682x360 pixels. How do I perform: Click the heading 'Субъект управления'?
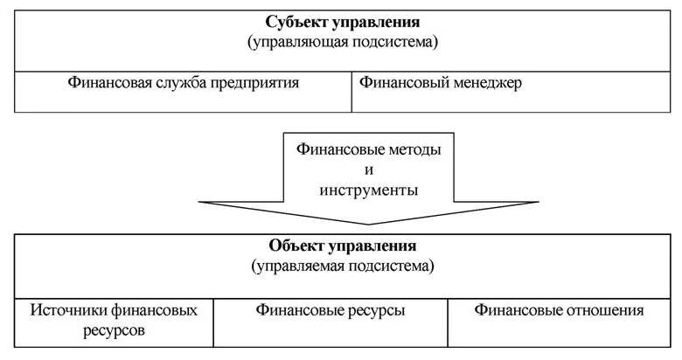342,21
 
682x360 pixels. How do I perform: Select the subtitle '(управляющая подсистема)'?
342,41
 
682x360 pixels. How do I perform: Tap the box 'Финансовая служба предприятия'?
184,91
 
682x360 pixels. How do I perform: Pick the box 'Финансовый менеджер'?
515,91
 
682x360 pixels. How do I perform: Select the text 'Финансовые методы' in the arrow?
368,149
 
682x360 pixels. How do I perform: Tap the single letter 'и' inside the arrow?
368,170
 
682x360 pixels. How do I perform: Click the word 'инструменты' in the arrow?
368,190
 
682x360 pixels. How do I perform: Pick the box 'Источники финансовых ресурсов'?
115,321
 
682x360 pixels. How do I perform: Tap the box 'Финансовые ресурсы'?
331,321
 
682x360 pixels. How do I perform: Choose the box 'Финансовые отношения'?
559,321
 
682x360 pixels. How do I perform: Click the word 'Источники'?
65,310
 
